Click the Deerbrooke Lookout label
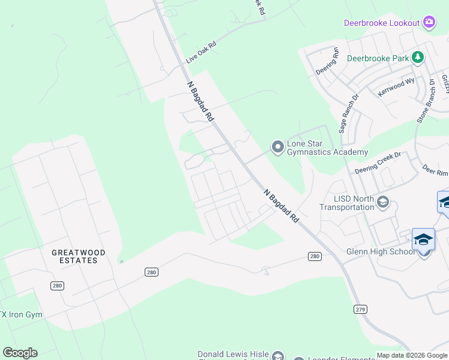381,23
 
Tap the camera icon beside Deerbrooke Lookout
429,22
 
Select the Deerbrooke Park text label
378,59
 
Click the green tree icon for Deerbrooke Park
418,58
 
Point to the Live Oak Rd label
200,52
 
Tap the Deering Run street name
328,64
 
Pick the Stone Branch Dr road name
426,101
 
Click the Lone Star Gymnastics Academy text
327,148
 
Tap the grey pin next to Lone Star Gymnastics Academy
277,146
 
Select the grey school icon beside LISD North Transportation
382,202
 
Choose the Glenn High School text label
380,251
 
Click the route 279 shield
360,309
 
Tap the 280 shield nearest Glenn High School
315,256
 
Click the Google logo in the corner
20,353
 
